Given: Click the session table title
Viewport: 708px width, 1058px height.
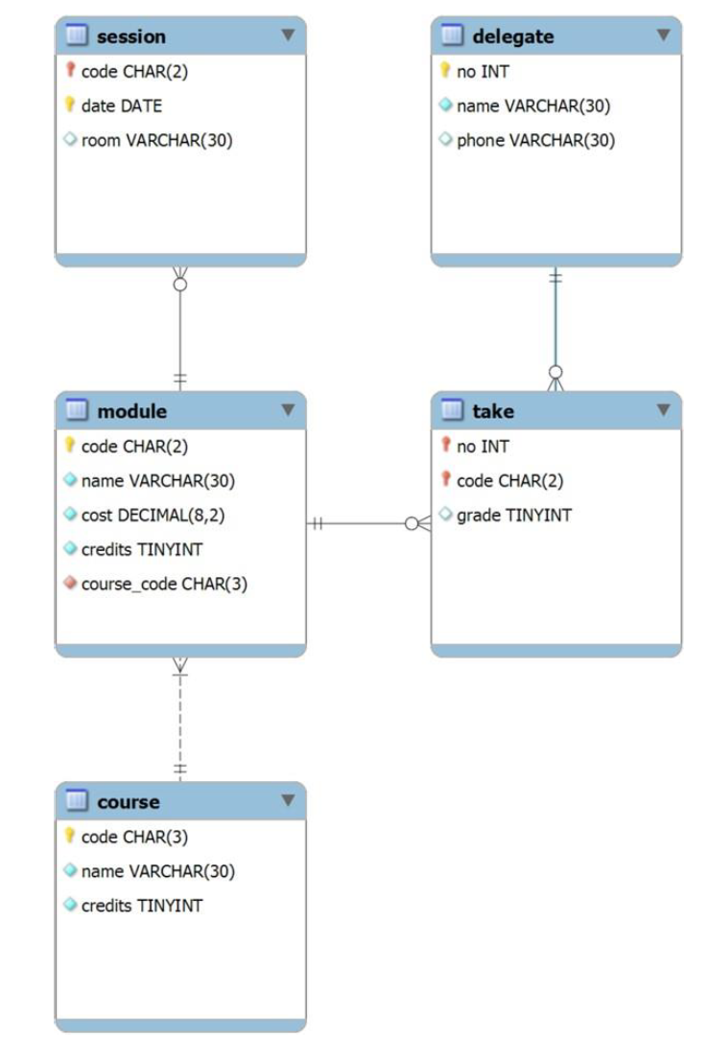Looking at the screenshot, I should (x=130, y=36).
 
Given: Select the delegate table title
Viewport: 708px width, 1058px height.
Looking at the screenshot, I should (x=512, y=36).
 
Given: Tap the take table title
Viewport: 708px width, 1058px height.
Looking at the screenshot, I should (x=492, y=411).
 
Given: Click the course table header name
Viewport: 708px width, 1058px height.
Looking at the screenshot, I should (x=128, y=802).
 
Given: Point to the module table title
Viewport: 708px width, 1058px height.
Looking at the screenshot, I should (x=131, y=411).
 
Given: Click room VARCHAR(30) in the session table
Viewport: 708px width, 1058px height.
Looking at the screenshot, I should (x=156, y=140).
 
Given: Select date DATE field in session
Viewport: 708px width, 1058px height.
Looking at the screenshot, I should (x=121, y=105).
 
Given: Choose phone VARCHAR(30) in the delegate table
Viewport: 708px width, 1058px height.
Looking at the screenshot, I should (x=534, y=140).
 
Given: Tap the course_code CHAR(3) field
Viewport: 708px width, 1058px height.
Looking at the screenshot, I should (x=164, y=584).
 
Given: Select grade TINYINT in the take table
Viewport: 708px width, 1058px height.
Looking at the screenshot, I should (x=513, y=515).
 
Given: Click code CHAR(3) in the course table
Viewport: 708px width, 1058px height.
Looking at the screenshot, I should (x=134, y=837).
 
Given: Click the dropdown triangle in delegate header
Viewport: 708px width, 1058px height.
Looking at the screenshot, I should (x=662, y=35).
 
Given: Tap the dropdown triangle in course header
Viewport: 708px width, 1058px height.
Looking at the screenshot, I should (x=287, y=800).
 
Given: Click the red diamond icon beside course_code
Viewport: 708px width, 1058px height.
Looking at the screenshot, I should (x=70, y=584).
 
